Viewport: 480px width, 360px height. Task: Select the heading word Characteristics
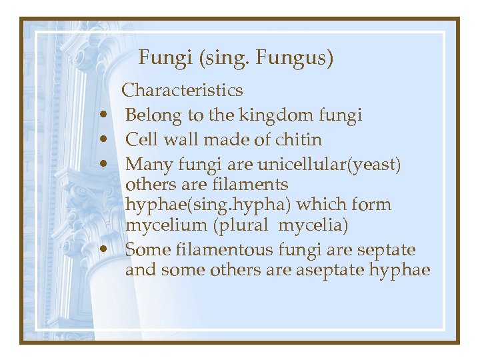[x=183, y=90]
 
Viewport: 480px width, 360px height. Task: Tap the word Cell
[x=139, y=140]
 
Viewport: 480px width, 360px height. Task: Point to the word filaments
[x=249, y=184]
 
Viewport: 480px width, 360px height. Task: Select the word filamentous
[x=227, y=250]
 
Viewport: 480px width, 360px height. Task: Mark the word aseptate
[x=351, y=271]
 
